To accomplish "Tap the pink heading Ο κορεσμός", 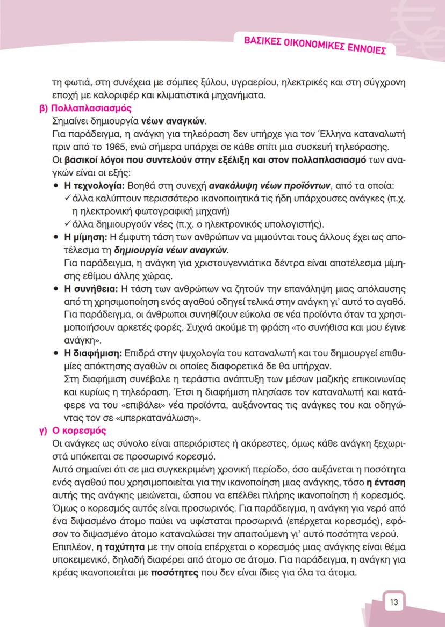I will [x=79, y=431].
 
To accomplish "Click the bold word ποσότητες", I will [x=175, y=573].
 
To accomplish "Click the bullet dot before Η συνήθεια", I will [x=56, y=289].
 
